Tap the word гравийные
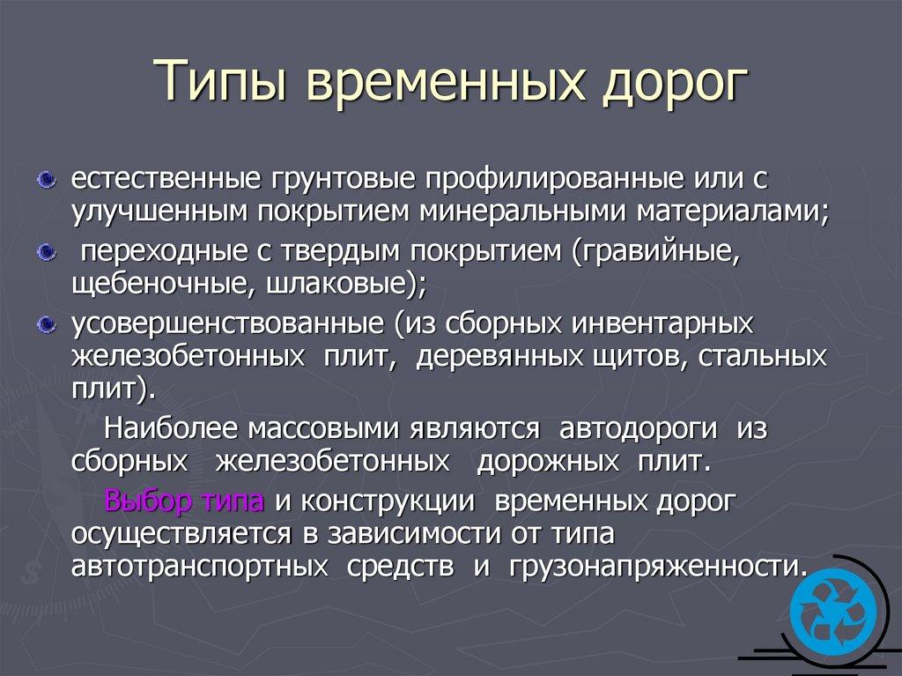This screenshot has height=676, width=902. coord(656,253)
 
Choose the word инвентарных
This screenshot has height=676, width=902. coord(662,324)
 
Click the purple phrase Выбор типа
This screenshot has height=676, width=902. coord(185,502)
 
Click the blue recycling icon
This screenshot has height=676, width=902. coord(833,612)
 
